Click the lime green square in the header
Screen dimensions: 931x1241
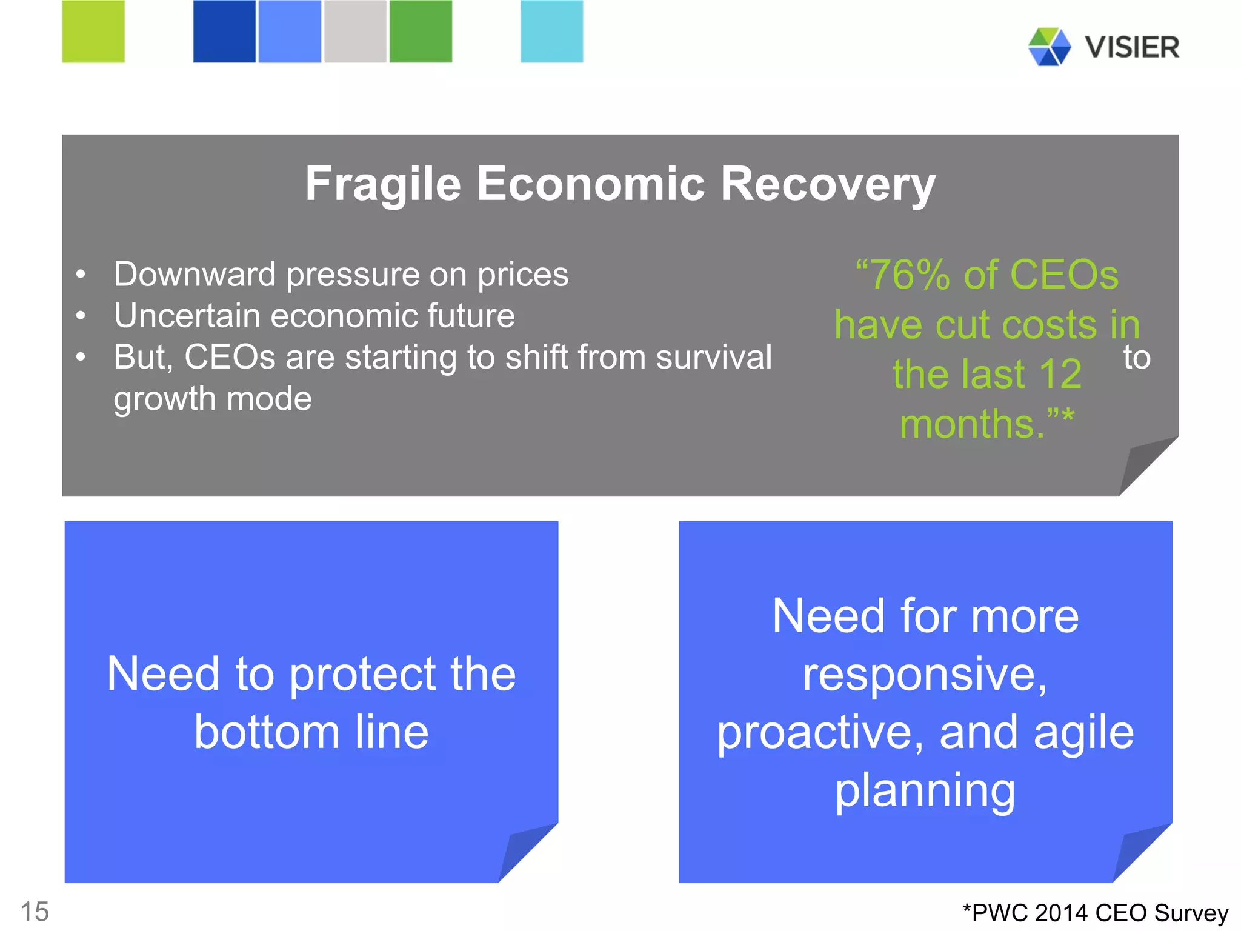(93, 32)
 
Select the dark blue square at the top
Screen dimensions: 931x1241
(224, 32)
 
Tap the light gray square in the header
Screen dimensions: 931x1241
(355, 32)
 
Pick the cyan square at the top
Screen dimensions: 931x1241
(551, 32)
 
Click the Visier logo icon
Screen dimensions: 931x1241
(1050, 47)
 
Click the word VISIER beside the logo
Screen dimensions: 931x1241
(1132, 47)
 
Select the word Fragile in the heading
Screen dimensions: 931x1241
(383, 185)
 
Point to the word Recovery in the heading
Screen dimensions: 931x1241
(828, 185)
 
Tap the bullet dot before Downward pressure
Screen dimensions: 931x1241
(81, 275)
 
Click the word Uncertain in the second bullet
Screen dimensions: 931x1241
(187, 316)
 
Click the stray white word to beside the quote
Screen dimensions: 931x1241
(1136, 358)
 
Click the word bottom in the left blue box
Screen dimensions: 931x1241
(267, 732)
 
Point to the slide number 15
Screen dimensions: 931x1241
(35, 912)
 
